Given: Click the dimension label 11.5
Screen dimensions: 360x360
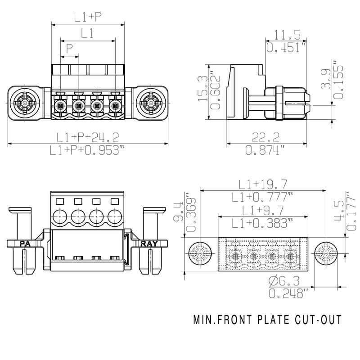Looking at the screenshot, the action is click(x=287, y=35).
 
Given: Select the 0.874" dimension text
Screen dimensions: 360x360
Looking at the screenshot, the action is click(x=265, y=150).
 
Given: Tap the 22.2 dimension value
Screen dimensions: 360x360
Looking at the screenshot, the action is click(x=266, y=138).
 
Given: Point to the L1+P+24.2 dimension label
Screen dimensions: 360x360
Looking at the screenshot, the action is click(x=88, y=137).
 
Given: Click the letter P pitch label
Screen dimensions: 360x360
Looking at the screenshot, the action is click(x=69, y=49).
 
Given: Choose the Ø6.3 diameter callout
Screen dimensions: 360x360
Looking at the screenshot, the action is click(x=284, y=281).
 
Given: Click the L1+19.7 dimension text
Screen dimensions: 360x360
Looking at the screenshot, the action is click(x=263, y=184).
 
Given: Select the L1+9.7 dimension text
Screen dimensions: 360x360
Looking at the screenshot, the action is click(x=263, y=210).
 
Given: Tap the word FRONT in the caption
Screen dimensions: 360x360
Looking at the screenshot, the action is click(x=234, y=319).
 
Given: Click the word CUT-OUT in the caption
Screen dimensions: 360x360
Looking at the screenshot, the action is click(x=318, y=319).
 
